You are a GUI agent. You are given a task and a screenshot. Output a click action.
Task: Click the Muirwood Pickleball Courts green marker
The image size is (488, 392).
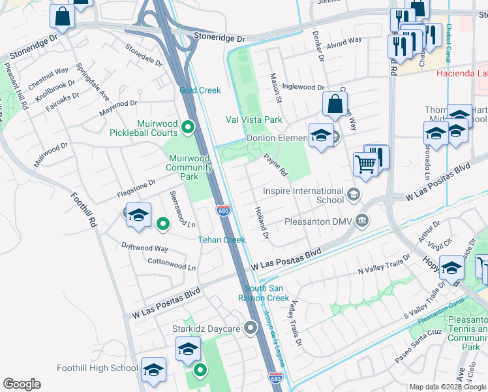coord(189,127)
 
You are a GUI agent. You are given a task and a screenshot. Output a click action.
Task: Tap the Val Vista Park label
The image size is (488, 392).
coord(254,120)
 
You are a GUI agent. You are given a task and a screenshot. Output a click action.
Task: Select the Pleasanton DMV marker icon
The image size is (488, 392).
coord(361,222)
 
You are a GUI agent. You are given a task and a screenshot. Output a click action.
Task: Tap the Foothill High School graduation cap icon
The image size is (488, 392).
coord(154,369)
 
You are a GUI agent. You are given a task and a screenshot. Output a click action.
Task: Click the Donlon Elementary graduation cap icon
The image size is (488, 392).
coord(320,135)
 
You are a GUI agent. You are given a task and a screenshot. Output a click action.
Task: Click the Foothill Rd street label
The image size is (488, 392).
coord(84,209)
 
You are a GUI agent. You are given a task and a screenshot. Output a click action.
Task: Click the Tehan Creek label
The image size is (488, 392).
coord(221,240)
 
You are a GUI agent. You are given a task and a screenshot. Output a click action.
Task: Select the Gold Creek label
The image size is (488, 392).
coord(200,90)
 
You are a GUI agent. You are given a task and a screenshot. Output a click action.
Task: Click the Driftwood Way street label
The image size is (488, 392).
coord(144,248)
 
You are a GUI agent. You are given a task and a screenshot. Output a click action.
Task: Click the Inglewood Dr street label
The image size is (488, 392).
coord(303,87)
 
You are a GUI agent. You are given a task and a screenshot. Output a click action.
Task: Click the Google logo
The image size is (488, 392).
coord(22,384)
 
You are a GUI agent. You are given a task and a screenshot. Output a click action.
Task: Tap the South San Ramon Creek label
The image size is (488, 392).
coord(266,293)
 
